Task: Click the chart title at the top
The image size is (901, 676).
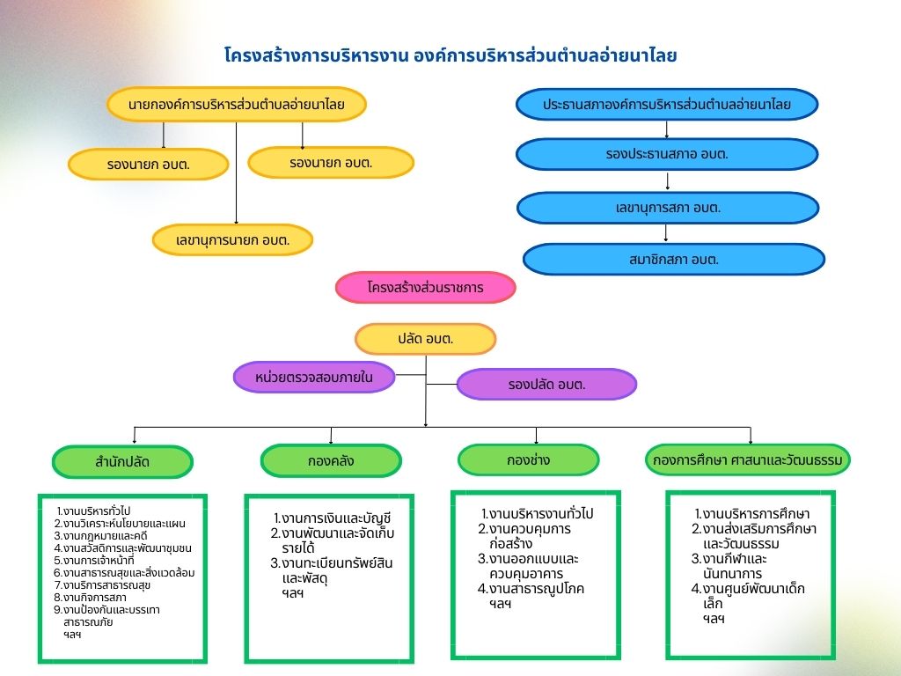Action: tap(450, 56)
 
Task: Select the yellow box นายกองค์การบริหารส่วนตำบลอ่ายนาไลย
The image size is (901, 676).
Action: tap(236, 104)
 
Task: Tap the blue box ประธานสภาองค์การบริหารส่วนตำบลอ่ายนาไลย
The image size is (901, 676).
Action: tap(666, 104)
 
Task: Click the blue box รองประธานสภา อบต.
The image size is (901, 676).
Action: tap(666, 154)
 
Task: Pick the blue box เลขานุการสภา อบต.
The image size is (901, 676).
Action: tap(668, 208)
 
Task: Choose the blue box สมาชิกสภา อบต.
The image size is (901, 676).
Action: tap(674, 259)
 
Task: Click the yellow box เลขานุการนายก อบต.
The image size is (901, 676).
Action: tap(232, 239)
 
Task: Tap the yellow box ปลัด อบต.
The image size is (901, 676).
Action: tap(426, 339)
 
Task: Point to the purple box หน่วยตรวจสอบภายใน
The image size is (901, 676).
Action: tap(314, 377)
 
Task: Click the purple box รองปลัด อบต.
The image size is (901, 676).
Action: tap(546, 385)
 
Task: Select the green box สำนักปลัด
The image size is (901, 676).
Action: tap(122, 462)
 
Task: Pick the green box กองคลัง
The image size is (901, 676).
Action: tap(331, 460)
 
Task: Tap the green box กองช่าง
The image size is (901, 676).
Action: tap(528, 459)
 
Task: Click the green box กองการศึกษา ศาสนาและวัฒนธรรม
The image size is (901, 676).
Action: tap(750, 459)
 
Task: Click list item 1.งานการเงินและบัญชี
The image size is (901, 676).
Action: tap(332, 518)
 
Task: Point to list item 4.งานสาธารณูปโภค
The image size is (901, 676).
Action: tap(531, 588)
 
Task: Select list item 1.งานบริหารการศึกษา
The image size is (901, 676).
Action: tap(752, 514)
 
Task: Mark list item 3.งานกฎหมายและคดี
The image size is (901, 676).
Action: tap(99, 535)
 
